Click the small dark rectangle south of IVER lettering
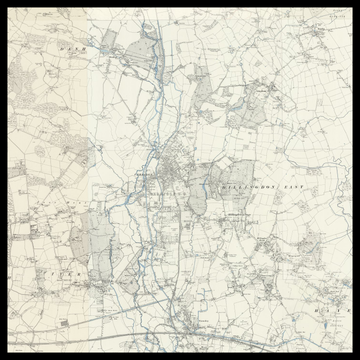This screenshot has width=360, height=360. point(62,322)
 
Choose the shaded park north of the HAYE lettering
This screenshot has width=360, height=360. point(312,250)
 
